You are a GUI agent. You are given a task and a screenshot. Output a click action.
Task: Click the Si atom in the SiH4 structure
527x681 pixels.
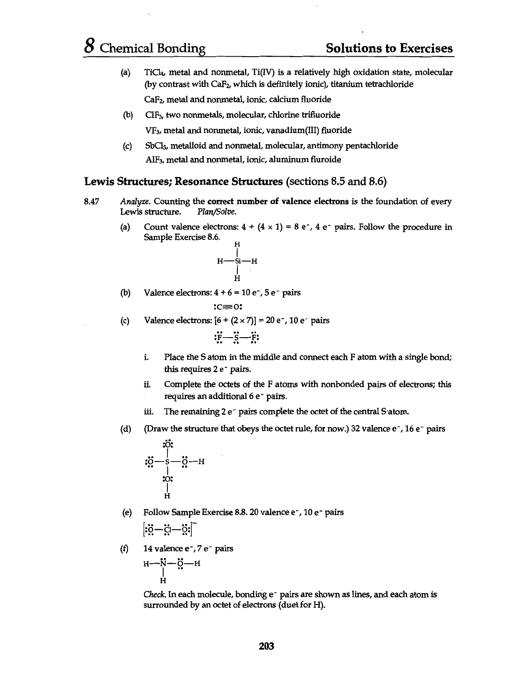(x=237, y=261)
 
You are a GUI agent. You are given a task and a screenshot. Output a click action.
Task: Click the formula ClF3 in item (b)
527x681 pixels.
(x=154, y=115)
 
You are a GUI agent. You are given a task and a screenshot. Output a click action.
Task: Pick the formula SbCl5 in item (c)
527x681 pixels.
(x=156, y=146)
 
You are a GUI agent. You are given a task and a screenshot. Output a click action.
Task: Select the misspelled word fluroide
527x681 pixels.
(x=325, y=160)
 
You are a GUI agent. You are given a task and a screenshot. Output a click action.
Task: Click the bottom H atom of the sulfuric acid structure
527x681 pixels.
(x=167, y=495)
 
